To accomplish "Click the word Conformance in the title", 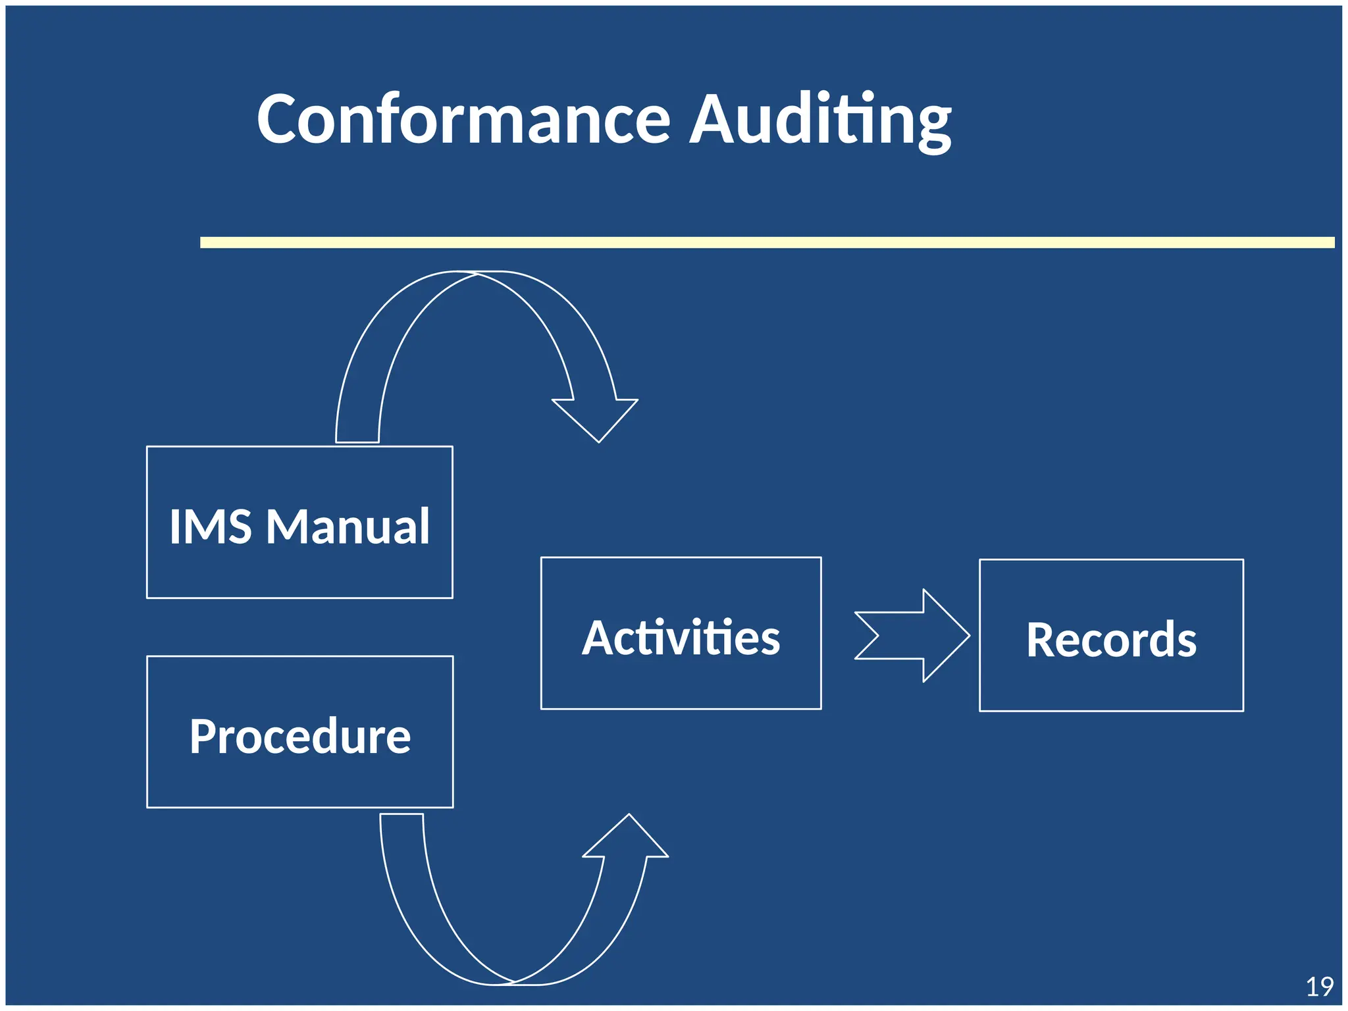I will pos(463,120).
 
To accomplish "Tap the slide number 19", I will pos(1319,987).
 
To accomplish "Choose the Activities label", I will pos(681,638).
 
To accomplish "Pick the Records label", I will pos(1111,640).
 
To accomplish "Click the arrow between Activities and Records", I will pos(912,636).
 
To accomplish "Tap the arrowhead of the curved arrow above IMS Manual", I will pos(596,417).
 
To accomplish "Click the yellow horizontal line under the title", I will pos(767,243).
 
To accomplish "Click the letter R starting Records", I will pos(1042,640).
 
